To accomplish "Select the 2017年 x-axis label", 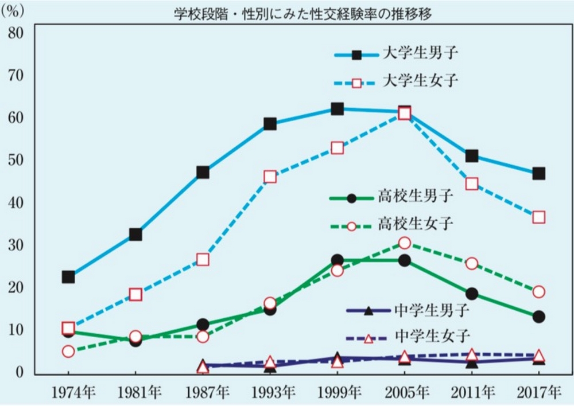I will [538, 392].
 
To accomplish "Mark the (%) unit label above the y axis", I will [16, 13].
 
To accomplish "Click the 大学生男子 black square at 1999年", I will [338, 109].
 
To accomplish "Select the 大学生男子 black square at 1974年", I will [68, 277].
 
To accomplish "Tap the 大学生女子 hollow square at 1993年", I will [270, 177].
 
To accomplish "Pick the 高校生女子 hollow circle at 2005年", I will [405, 243].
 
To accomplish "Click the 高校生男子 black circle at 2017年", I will [538, 317].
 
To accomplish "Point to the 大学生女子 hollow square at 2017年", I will [538, 217].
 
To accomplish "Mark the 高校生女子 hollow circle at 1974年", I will [68, 352].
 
